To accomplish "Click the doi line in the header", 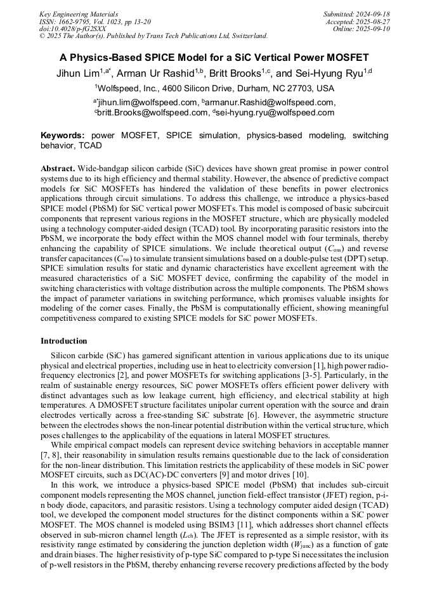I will tap(72, 29).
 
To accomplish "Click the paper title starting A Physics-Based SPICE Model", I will tap(214, 56).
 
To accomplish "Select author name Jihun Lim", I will tap(78, 73).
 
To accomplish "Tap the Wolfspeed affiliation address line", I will tap(214, 89).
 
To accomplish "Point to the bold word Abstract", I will tap(58, 169).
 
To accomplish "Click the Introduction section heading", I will tap(64, 341).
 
